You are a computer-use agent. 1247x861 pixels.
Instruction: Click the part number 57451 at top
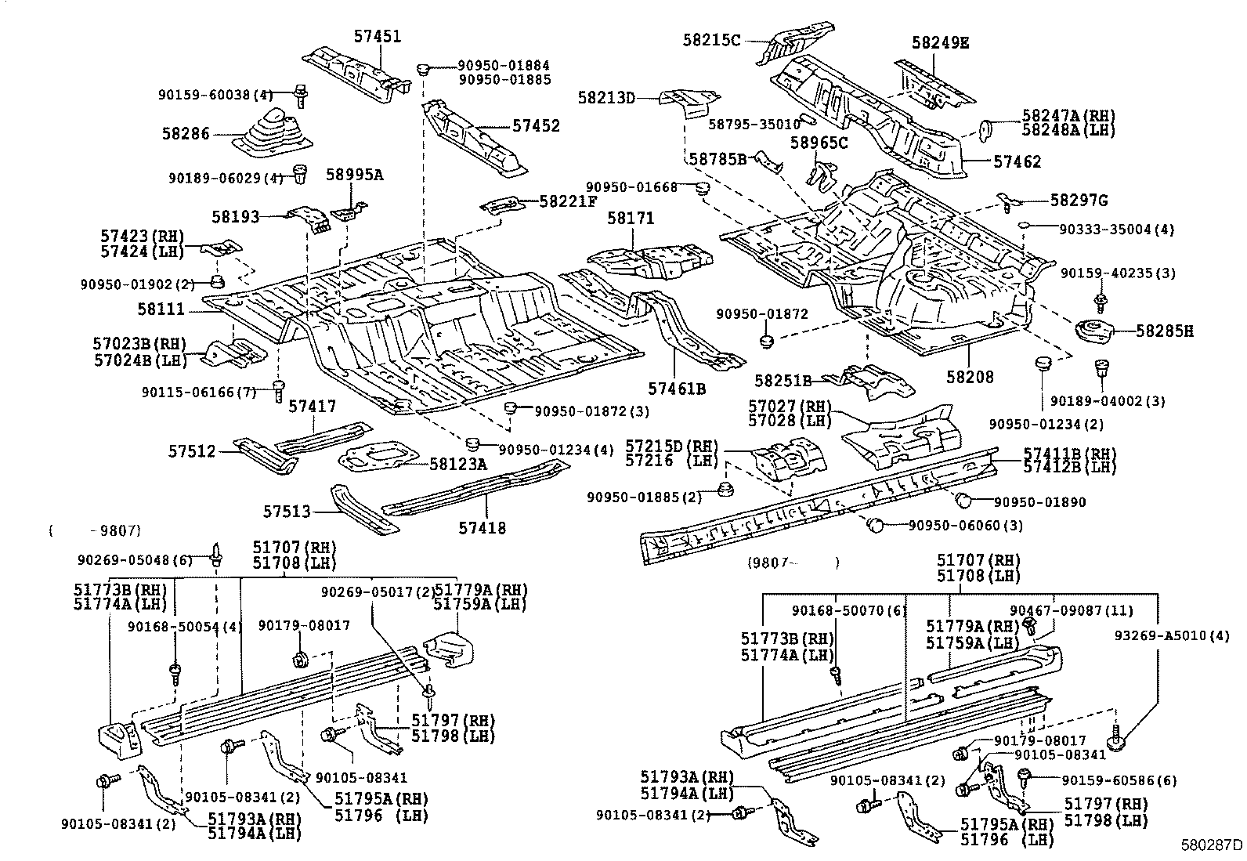377,37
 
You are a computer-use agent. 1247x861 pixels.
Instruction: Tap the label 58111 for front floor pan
161,309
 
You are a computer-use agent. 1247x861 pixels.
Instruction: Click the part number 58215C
711,39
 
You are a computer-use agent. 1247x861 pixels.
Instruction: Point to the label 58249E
940,43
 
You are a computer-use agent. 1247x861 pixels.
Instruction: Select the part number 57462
1017,162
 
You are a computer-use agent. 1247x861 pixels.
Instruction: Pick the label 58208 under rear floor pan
969,377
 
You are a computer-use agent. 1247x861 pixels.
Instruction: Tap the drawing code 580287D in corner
1212,845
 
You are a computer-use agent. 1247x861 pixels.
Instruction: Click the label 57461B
677,388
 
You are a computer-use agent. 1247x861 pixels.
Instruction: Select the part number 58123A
457,464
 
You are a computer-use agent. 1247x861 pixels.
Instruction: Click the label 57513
287,512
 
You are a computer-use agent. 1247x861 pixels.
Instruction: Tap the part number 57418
482,528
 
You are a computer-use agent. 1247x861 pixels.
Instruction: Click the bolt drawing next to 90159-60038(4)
299,95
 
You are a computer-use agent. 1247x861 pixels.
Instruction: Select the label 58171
630,219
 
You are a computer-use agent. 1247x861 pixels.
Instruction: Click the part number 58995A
354,175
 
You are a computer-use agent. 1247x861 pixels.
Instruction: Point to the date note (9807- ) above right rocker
792,562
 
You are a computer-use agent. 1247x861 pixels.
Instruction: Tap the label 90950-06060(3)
965,525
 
